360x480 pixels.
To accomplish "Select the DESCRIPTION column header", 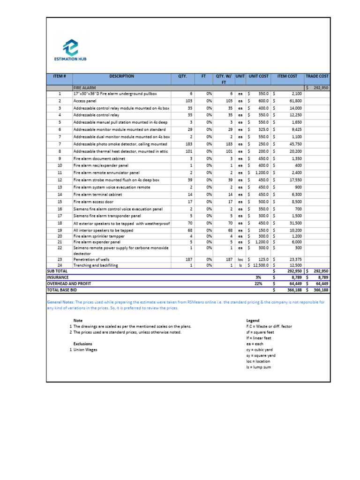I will coord(121,76).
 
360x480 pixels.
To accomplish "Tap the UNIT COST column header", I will coord(258,76).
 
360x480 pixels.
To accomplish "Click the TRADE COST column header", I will coord(317,76).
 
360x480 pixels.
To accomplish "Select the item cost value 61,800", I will coord(295,101).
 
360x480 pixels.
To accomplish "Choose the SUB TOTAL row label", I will coord(57,271).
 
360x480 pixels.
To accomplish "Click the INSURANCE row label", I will coord(58,277).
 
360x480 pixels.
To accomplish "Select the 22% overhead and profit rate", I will coord(258,284).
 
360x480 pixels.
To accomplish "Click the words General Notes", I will coord(60,302).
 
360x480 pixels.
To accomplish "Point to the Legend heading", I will coord(253,321).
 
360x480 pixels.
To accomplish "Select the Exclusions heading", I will coord(83,344).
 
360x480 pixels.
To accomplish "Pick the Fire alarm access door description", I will coord(93,202).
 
